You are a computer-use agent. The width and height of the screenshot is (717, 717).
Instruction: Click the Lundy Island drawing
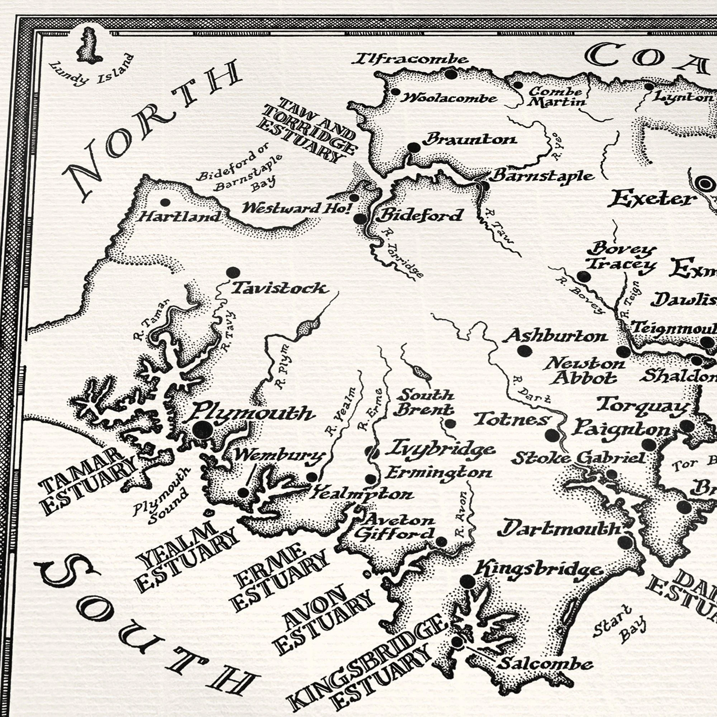pos(89,47)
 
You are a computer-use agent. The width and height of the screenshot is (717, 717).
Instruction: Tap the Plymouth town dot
pos(203,430)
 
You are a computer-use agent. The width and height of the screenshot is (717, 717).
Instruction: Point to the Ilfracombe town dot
pos(451,74)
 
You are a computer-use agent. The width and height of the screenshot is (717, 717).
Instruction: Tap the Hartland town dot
pos(165,202)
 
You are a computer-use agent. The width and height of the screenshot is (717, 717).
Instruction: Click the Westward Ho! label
pos(296,209)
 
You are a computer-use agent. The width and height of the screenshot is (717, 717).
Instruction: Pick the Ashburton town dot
pos(524,350)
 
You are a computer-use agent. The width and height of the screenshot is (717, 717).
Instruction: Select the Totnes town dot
pos(552,435)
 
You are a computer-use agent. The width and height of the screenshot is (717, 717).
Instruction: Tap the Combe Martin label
pos(556,96)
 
